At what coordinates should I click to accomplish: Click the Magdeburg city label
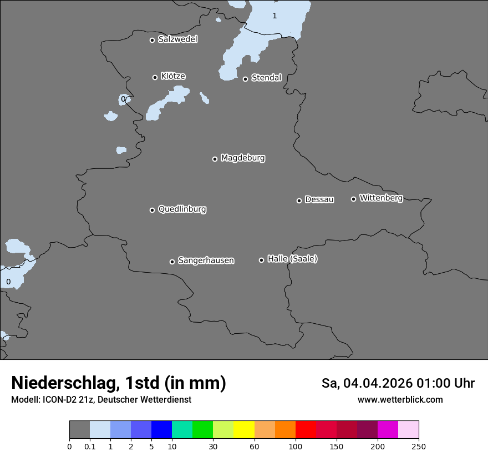coord(243,158)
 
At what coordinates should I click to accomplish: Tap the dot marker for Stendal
coord(245,79)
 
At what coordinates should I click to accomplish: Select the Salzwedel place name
coord(177,39)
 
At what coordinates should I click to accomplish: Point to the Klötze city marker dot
coord(155,77)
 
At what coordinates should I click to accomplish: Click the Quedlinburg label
coord(182,209)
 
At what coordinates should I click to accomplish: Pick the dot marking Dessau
coord(299,201)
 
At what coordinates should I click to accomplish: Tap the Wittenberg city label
coord(381,198)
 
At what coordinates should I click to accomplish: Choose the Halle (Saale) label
coord(292,259)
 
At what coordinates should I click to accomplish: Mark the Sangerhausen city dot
coord(172,262)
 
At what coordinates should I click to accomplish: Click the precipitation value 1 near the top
coord(274,16)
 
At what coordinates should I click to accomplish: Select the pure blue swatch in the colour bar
coord(161,430)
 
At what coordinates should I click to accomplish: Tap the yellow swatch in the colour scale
coord(244,430)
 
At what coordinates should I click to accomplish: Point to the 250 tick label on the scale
coord(419,446)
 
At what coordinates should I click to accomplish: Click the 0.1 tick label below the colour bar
coord(90,446)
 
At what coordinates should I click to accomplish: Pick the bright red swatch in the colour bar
coord(306,430)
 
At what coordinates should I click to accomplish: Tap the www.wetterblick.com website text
coord(400,400)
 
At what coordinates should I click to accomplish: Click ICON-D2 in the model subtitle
coord(58,400)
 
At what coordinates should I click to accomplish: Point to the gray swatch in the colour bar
coord(79,430)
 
